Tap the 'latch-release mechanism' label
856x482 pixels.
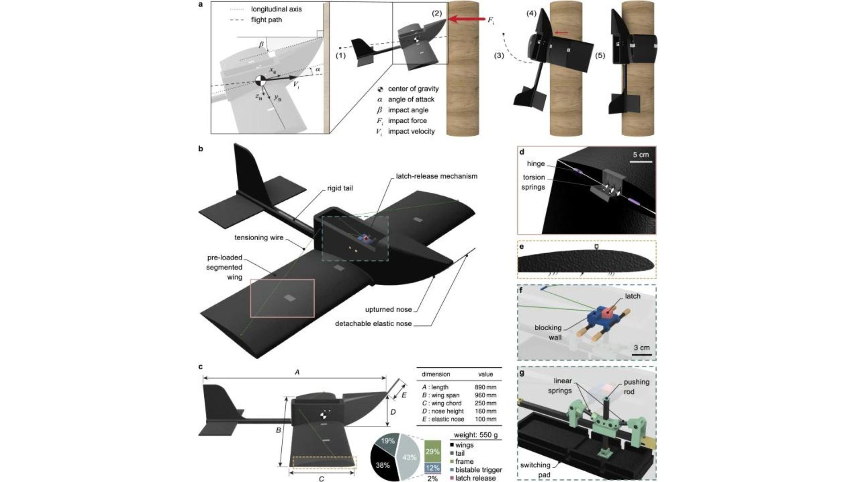(436, 176)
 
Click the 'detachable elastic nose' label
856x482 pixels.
(373, 324)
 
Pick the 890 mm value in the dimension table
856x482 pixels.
(486, 387)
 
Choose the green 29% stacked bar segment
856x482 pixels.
(432, 452)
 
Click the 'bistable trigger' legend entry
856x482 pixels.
(478, 470)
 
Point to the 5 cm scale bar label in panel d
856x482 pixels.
(641, 155)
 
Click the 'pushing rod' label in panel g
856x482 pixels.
(636, 386)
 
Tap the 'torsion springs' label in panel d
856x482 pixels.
(533, 182)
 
